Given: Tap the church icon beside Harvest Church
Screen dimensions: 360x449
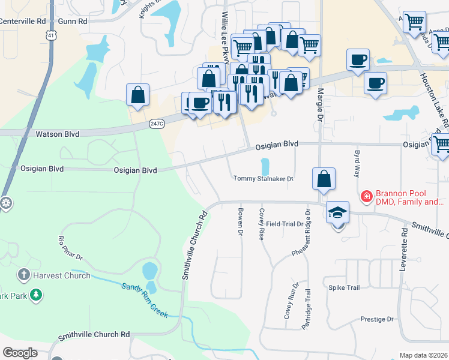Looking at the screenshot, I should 23,275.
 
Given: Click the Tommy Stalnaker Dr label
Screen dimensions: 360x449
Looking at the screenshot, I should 263,178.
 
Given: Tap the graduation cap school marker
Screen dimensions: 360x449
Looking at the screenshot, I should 337,214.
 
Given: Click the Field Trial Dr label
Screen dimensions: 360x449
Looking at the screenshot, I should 285,224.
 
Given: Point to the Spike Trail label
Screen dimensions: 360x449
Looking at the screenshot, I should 344,287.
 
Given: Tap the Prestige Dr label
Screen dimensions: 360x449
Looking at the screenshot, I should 377,319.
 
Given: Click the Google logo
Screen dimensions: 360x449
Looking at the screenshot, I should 20,352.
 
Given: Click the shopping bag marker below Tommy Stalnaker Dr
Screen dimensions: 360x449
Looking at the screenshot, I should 324,179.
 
